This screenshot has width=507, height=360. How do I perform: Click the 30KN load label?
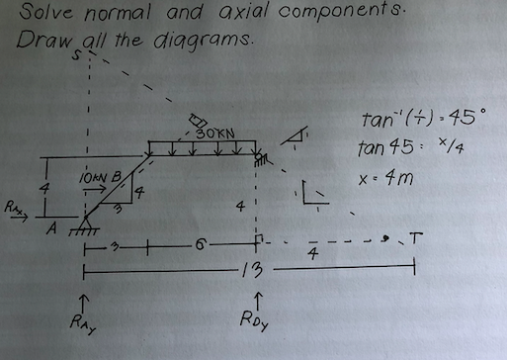point(213,133)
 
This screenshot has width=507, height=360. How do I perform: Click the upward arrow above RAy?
point(88,295)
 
